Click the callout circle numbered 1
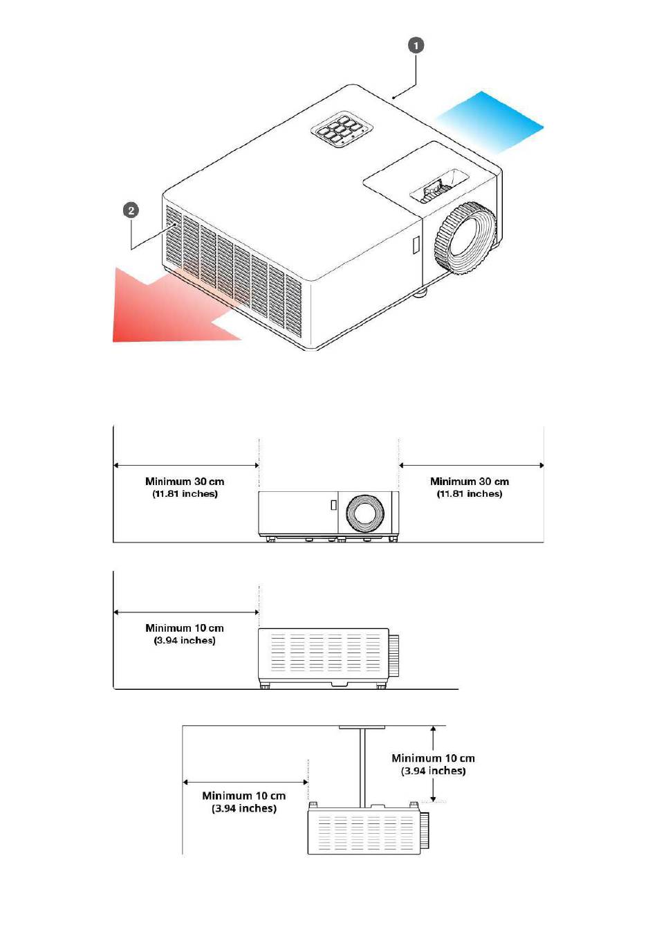416,46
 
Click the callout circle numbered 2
131,210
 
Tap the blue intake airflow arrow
490,122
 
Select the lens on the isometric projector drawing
465,238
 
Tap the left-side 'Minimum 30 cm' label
185,482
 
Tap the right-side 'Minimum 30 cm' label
470,482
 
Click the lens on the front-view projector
365,513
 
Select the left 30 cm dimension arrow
187,465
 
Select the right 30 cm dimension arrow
471,465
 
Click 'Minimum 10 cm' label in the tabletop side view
185,628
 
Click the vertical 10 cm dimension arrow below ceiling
433,764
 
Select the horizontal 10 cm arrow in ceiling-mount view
246,782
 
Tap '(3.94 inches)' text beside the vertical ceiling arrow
433,771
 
